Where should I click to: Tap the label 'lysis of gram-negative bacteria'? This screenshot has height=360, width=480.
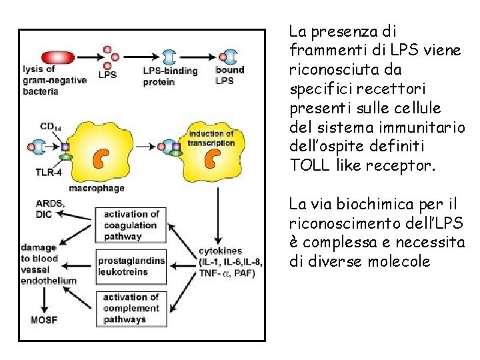[x=49, y=80]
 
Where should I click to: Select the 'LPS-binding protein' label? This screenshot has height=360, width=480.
[x=169, y=77]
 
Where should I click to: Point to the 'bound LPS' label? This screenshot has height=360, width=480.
[x=229, y=75]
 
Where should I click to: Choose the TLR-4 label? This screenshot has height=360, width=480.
[x=48, y=171]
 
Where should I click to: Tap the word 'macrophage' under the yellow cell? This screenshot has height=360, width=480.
[x=97, y=189]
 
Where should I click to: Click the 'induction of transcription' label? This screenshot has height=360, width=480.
[x=211, y=138]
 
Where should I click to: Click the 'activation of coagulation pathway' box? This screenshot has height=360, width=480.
[x=131, y=225]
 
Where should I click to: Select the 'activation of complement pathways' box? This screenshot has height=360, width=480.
[x=131, y=308]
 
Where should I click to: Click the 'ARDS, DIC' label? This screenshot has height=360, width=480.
[x=51, y=209]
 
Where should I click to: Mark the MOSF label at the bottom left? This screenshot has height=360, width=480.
[x=44, y=320]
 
